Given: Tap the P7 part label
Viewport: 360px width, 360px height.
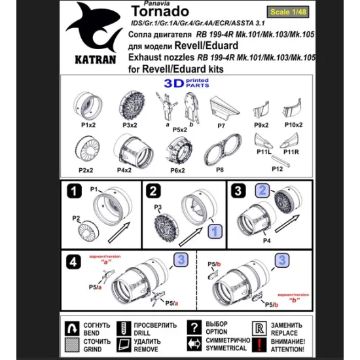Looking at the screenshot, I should pos(222,125).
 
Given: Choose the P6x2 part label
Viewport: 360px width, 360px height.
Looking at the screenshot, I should pos(178,170).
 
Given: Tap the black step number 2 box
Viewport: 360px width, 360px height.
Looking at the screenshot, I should pos(154,191).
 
